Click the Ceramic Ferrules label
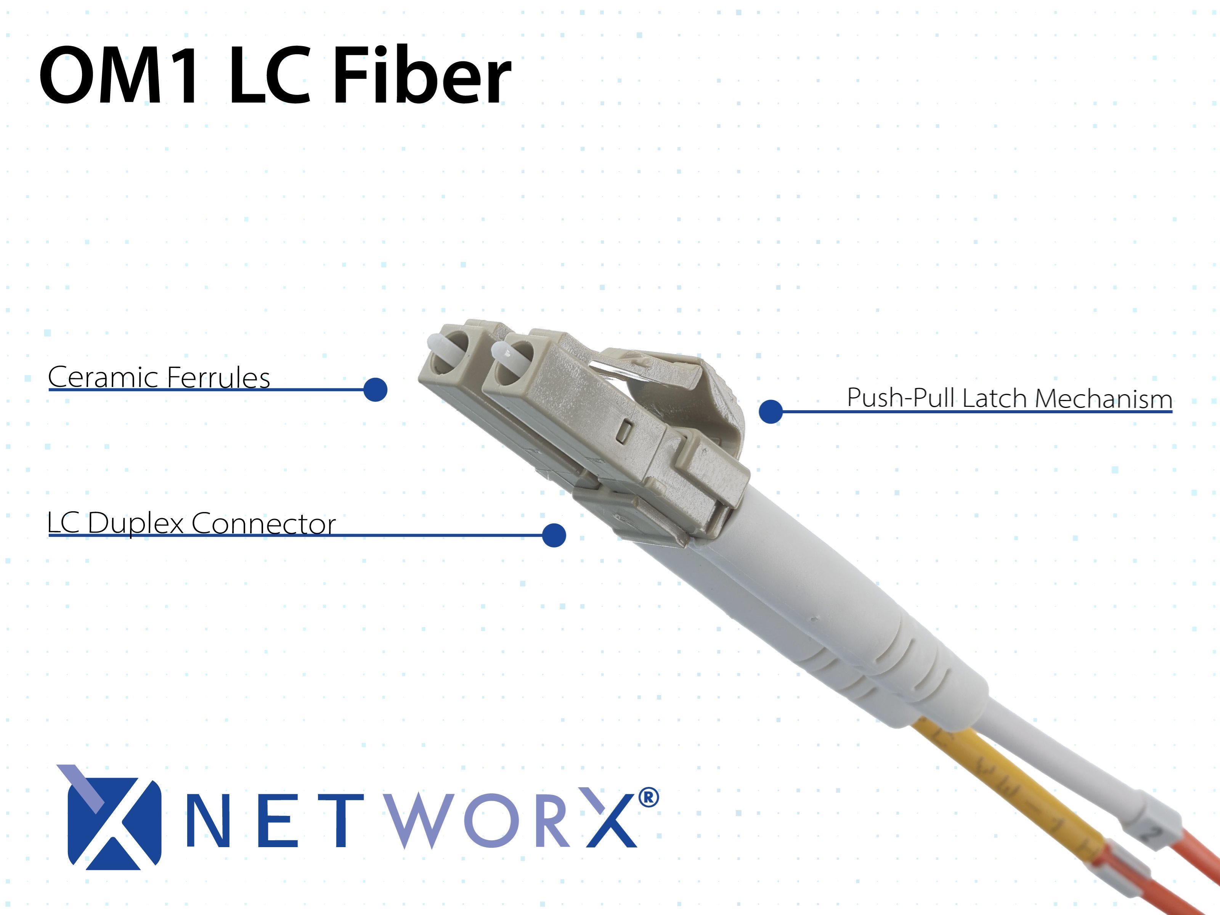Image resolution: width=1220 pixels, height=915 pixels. coord(159,377)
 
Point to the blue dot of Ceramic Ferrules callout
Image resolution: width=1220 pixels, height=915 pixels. coord(376,389)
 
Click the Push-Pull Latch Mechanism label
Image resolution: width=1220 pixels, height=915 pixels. coord(1009,398)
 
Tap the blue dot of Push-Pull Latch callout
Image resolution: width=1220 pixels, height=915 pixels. coord(771,411)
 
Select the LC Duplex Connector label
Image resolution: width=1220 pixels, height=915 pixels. coord(191,523)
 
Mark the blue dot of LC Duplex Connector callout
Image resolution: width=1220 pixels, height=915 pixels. coord(554,535)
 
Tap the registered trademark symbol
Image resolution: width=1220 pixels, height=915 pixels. coord(648,798)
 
